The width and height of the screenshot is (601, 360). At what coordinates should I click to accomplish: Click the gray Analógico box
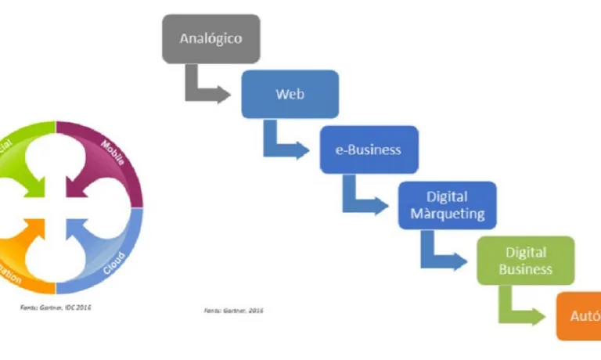pos(211,38)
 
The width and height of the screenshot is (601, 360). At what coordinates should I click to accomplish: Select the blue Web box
pos(290,95)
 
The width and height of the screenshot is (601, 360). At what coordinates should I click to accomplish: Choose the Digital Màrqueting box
pos(447,205)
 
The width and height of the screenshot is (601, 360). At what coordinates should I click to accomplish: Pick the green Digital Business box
pos(526,261)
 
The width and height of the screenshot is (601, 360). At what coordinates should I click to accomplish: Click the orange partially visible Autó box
pos(579,317)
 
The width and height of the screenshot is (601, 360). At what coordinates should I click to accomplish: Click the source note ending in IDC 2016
pos(56,308)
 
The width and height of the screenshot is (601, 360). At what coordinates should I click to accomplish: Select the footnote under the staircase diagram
pos(233,310)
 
